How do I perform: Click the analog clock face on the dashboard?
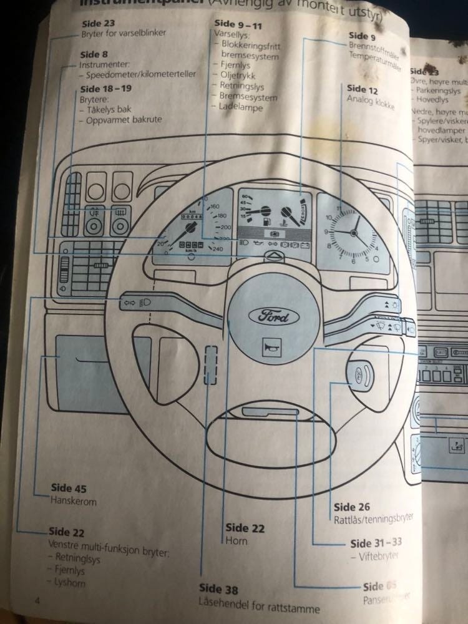tap(353, 232)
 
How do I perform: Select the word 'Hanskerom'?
tap(74, 500)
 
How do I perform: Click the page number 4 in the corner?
tap(38, 600)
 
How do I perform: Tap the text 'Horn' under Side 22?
tap(236, 541)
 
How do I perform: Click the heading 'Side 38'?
tap(218, 588)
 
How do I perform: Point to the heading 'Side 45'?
tap(69, 489)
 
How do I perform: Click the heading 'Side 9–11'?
tap(238, 24)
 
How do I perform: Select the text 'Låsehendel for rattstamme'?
tap(259, 608)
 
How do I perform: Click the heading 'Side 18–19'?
tap(106, 88)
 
